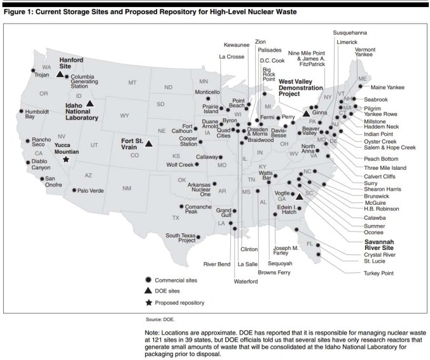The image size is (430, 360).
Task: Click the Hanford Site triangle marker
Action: [x=59, y=74]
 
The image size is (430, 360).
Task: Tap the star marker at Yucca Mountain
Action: [x=66, y=160]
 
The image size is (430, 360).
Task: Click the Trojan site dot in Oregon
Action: [x=32, y=70]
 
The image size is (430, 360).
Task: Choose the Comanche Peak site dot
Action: [x=182, y=207]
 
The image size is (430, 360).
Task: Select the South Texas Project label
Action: [x=180, y=238]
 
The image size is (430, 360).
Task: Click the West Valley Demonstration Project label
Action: [x=300, y=87]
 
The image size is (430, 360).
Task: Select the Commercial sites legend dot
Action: [x=148, y=279]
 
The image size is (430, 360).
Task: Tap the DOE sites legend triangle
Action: [x=148, y=290]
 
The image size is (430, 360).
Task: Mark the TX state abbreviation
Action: [x=176, y=218]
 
